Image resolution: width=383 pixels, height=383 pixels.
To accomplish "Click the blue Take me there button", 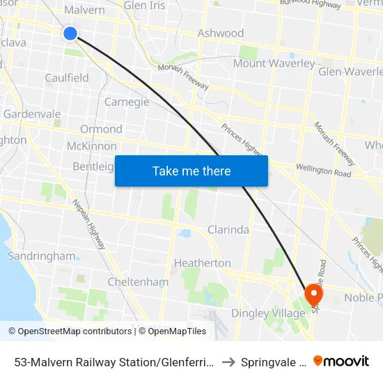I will pos(191,171).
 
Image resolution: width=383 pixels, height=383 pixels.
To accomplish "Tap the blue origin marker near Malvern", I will pos(70,33).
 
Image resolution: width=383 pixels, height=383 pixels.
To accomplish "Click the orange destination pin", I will pos(313,294).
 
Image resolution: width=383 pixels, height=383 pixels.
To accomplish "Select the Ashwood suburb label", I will pos(221,33).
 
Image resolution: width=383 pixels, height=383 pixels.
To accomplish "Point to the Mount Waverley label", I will pos(274,63).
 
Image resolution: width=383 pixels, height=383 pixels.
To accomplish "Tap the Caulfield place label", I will pos(67,78).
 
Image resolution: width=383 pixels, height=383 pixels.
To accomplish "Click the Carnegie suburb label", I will pos(127,102).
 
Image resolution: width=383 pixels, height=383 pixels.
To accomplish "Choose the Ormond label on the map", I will pos(101,129).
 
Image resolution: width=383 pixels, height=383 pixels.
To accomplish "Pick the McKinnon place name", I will pos(91,146).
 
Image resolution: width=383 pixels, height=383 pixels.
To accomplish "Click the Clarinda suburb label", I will pos(228,230).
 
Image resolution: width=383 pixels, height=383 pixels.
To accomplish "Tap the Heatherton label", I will pos(202,263).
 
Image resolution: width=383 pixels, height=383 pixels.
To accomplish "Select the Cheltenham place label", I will pos(138,282).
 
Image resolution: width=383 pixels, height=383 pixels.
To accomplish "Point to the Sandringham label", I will pos(41,256).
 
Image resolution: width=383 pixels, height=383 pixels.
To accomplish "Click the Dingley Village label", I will pos(268,313).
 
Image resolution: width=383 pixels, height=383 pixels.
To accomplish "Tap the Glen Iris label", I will pos(143,6).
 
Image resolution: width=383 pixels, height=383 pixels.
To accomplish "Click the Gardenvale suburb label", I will pos(32,114).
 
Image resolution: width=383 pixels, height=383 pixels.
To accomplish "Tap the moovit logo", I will pos(341,361).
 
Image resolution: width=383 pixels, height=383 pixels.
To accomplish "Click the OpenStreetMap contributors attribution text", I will pos(70,331).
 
